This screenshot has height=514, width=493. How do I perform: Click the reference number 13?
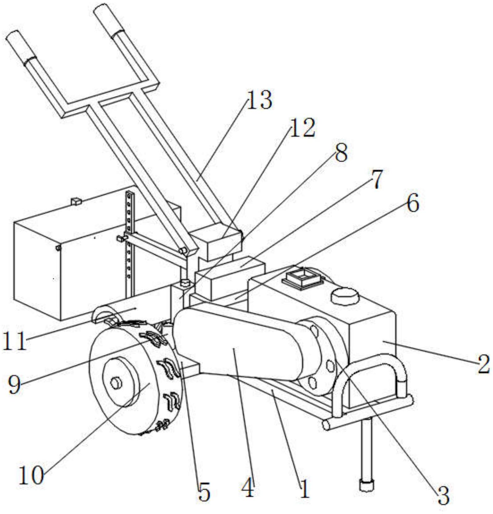coord(260,100)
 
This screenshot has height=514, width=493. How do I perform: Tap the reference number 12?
coord(302,128)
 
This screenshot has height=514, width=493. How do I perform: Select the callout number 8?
coord(341,152)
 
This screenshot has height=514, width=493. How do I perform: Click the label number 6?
coord(412,203)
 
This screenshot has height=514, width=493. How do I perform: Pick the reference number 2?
coord(483,364)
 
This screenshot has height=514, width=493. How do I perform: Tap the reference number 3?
coord(443,495)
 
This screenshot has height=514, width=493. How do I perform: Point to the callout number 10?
coord(31,476)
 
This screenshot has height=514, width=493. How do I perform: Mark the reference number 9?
coord(14,384)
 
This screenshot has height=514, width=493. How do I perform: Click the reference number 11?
coord(14,341)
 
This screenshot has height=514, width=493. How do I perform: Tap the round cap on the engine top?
coord(345,295)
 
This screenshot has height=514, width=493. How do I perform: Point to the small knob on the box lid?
coord(76,201)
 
